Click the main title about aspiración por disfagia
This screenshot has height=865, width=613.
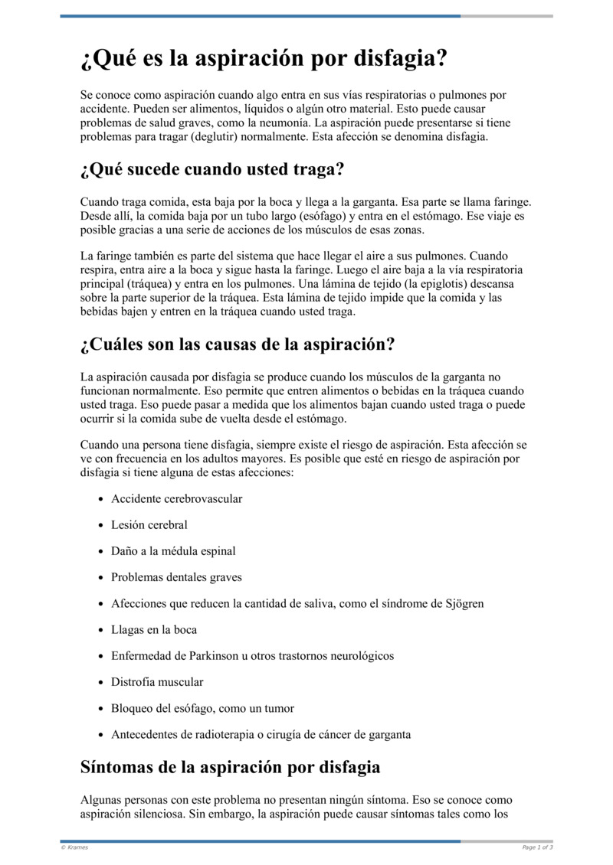point(263,59)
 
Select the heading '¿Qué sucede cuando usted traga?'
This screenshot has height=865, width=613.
point(212,169)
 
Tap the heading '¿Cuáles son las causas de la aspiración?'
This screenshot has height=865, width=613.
point(237,344)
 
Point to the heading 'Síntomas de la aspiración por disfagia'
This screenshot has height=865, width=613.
point(230,766)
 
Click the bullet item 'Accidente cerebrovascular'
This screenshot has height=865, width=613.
point(176,499)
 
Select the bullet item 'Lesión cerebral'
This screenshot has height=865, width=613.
point(149,525)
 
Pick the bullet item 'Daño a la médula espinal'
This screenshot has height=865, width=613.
point(173,551)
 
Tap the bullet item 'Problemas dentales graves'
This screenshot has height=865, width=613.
point(176,577)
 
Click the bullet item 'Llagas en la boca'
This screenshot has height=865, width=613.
point(154,630)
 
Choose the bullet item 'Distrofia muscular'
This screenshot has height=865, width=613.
point(157,682)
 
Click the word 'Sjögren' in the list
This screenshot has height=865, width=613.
point(464,603)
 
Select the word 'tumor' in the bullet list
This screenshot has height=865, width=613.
point(279,708)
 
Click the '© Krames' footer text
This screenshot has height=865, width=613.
point(74,847)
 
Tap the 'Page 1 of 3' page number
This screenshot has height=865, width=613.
point(537,847)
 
